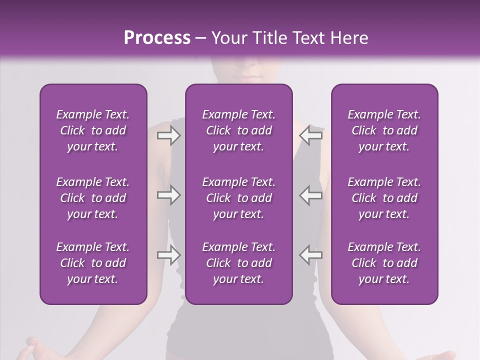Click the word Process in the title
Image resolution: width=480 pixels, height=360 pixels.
[157, 38]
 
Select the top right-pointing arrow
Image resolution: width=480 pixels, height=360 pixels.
[168, 135]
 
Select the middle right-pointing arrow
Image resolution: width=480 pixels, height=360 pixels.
[168, 195]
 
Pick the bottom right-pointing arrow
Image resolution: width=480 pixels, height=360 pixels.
[168, 254]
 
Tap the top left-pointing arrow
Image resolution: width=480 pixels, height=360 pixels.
[310, 135]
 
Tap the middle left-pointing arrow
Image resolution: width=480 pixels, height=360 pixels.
[310, 195]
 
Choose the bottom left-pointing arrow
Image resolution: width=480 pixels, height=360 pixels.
[310, 254]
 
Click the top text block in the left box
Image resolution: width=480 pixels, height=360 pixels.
[93, 130]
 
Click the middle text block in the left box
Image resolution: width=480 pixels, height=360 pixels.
[93, 198]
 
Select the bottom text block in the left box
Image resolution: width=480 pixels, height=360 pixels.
[93, 263]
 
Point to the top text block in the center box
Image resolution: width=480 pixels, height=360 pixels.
[238, 130]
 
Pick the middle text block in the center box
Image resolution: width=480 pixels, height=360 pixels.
[238, 198]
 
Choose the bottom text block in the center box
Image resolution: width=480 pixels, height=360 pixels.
[238, 263]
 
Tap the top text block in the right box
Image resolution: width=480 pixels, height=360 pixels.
[384, 130]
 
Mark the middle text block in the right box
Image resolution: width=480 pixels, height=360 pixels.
[384, 198]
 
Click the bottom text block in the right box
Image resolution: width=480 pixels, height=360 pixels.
[384, 263]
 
